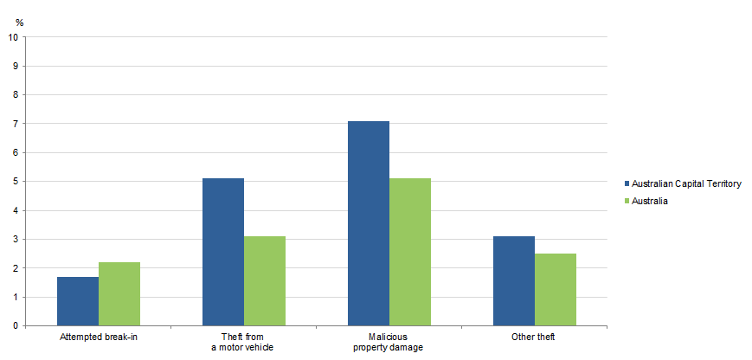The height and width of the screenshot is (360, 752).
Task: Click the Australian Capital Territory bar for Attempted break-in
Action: click(78, 301)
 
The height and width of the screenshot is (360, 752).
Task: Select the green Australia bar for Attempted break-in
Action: click(119, 294)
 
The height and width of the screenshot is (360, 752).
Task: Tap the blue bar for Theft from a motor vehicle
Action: click(223, 252)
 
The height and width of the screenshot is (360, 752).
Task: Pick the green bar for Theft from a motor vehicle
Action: click(265, 281)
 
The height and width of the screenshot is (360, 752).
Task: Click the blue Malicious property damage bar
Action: click(369, 223)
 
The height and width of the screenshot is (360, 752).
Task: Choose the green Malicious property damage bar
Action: click(410, 252)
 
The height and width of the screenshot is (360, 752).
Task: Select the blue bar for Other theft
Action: click(514, 281)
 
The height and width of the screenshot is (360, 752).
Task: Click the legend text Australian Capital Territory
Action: click(687, 184)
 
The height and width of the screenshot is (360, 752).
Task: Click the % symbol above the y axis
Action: click(19, 22)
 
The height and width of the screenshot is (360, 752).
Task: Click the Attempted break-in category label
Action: click(99, 337)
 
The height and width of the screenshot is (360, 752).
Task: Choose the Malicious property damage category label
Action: click(389, 342)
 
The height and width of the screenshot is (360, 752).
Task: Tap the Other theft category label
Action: click(534, 337)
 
